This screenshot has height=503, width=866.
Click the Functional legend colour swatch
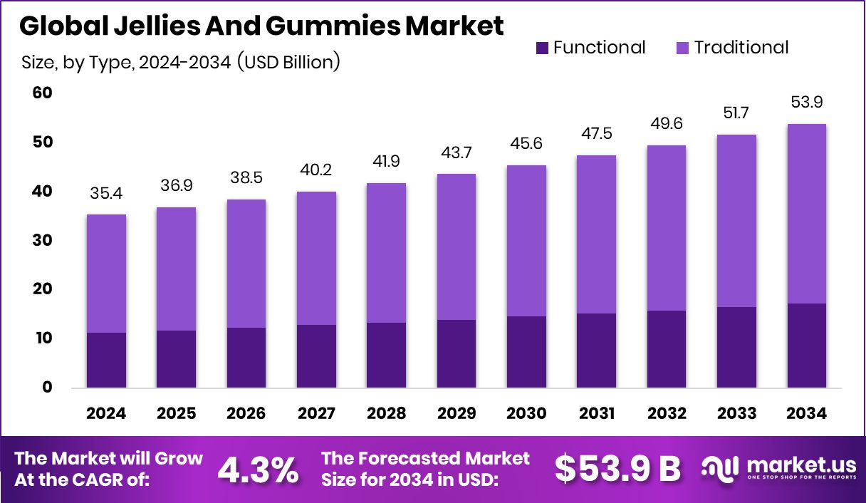tap(542, 48)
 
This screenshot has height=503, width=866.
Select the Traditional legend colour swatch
tap(682, 48)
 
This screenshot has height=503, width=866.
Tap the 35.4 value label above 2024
tap(107, 192)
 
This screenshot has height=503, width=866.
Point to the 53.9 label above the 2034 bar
tap(807, 102)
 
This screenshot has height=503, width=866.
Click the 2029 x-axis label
tap(457, 414)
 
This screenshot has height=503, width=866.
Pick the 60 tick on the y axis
tap(42, 93)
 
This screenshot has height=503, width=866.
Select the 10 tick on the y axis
tap(42, 338)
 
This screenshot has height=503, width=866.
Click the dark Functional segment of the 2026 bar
tap(246, 358)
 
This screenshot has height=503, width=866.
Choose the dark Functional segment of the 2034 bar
tap(807, 346)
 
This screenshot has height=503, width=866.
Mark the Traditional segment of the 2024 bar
tap(107, 274)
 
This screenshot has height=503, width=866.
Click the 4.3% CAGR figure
tap(257, 470)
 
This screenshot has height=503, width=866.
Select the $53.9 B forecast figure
tap(617, 470)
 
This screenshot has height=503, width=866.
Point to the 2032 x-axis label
tap(667, 414)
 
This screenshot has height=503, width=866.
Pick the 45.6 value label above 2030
tap(527, 143)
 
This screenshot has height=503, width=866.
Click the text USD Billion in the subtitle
tap(288, 63)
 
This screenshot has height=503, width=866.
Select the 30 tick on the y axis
tap(42, 240)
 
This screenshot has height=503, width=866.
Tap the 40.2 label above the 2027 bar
tap(317, 170)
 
